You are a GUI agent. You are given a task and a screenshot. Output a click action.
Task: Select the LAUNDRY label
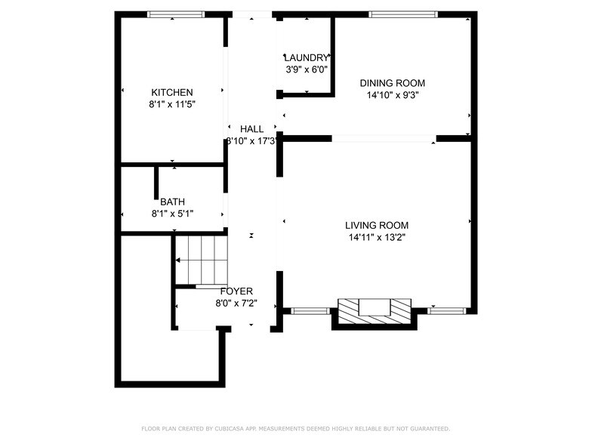307,57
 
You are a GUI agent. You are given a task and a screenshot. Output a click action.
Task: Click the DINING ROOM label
392,83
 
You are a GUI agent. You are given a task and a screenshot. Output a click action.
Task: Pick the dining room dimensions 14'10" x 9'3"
392,95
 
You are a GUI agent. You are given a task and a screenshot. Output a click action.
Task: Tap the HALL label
252,128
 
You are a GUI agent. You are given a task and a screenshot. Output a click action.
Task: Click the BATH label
172,202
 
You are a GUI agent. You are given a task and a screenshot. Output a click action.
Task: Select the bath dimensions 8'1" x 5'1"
172,214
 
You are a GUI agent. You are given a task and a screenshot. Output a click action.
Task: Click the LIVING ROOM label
377,225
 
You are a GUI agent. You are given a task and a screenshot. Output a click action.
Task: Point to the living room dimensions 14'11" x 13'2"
377,237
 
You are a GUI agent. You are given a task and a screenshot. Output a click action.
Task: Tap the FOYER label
236,291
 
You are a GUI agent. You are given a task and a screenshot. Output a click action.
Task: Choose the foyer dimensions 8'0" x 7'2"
236,303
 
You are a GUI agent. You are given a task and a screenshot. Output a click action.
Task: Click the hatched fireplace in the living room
375,310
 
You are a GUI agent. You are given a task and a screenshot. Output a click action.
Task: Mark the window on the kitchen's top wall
175,14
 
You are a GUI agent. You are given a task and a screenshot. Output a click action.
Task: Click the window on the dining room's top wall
403,14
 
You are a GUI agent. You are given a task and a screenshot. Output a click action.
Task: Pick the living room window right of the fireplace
447,310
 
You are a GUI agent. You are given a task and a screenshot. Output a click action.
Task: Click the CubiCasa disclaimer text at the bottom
295,428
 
